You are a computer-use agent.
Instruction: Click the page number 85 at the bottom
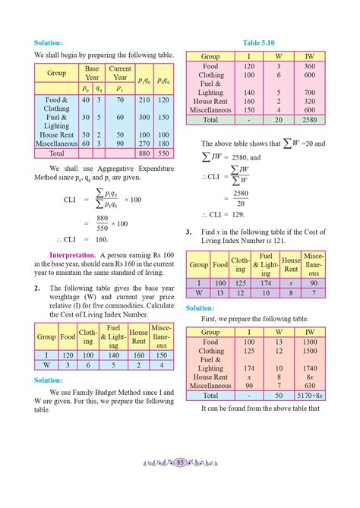180,484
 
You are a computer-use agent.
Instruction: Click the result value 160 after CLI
102,238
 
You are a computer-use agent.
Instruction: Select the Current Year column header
120,74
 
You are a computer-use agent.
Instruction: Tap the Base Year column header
92,74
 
